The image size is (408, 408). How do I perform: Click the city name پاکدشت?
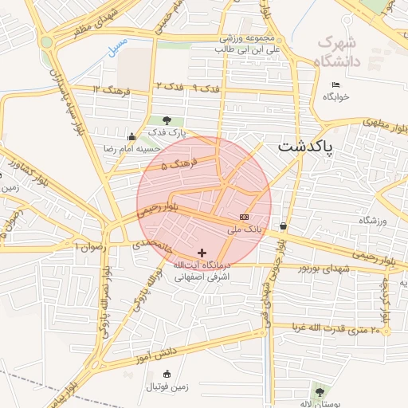coord(307,148)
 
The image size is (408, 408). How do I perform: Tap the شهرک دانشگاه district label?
coord(338,51)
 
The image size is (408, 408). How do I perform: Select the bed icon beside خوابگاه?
coord(335,84)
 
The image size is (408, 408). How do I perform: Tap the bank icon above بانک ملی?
coord(244,217)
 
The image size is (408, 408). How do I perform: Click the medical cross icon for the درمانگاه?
coord(202,253)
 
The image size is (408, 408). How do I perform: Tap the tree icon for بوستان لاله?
coord(320,391)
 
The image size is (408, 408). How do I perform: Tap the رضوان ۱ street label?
coord(90,246)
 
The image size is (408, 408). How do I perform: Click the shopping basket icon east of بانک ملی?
coord(284,226)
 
